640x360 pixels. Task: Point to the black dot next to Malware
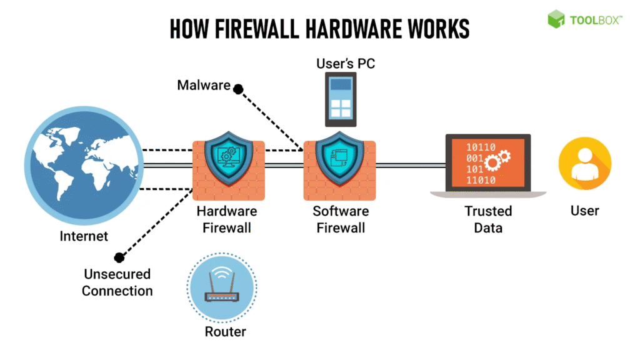pyautogui.click(x=238, y=89)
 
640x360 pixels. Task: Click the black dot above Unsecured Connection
pyautogui.click(x=119, y=257)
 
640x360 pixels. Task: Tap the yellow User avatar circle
pyautogui.click(x=584, y=165)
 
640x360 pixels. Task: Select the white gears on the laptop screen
pyautogui.click(x=498, y=160)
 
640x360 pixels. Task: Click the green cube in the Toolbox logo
pyautogui.click(x=556, y=19)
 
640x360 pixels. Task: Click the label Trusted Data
pyautogui.click(x=488, y=219)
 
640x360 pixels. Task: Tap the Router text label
pyautogui.click(x=226, y=331)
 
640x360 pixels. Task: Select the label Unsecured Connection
pyautogui.click(x=117, y=282)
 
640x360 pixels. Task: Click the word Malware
pyautogui.click(x=204, y=84)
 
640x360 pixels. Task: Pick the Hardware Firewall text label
pyautogui.click(x=227, y=219)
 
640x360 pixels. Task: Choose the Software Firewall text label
pyautogui.click(x=341, y=219)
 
